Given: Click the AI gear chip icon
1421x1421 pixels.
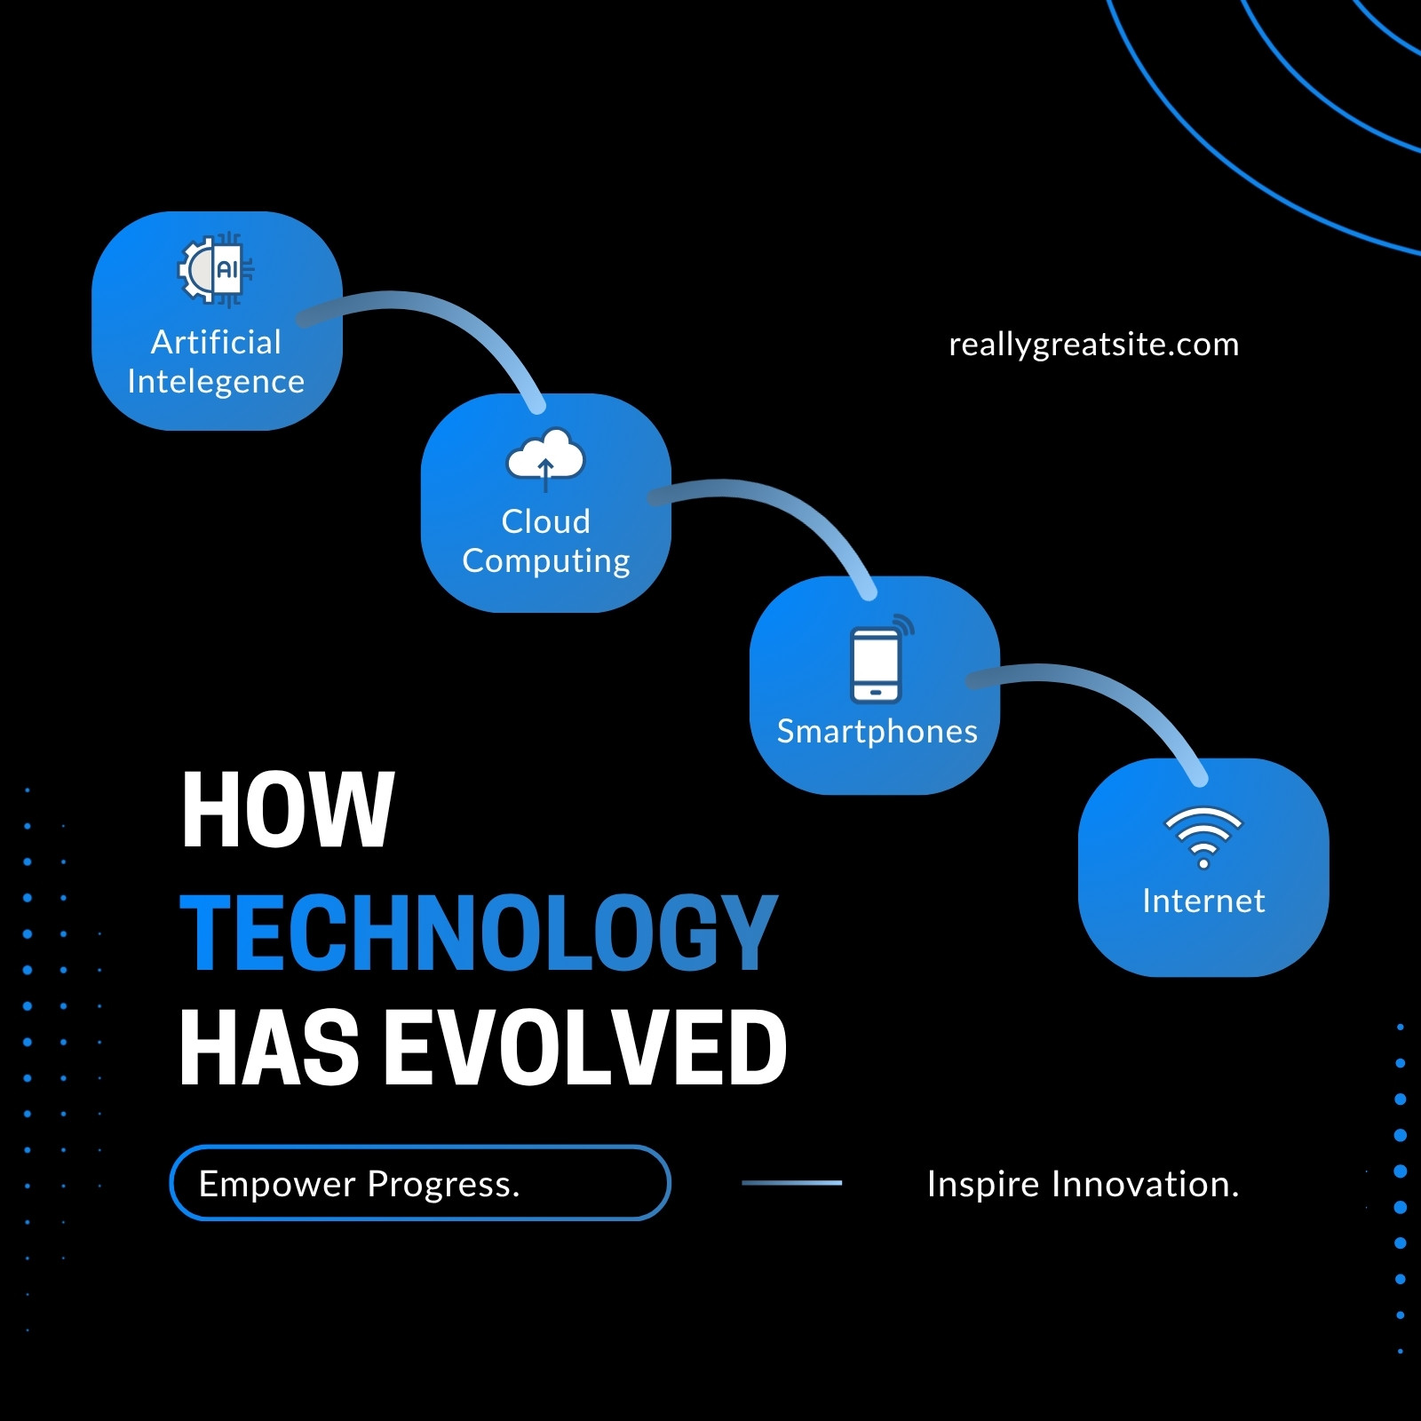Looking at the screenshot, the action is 217,269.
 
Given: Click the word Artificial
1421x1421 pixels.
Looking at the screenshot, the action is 216,342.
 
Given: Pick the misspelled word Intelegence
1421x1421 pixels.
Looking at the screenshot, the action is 216,382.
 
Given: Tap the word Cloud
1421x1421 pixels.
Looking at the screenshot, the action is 545,521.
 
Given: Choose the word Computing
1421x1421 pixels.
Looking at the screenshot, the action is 546,561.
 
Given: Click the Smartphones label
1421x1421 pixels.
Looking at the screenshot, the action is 877,732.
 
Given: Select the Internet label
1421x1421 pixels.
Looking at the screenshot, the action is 1203,901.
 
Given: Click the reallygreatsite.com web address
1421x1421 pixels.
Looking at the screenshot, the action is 1093,345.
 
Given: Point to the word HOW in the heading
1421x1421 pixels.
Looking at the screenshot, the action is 287,810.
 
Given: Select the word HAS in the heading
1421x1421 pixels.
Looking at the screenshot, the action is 269,1048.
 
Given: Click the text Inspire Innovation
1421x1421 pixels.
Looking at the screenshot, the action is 1083,1184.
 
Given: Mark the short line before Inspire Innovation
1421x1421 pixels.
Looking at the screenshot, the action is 791,1183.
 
